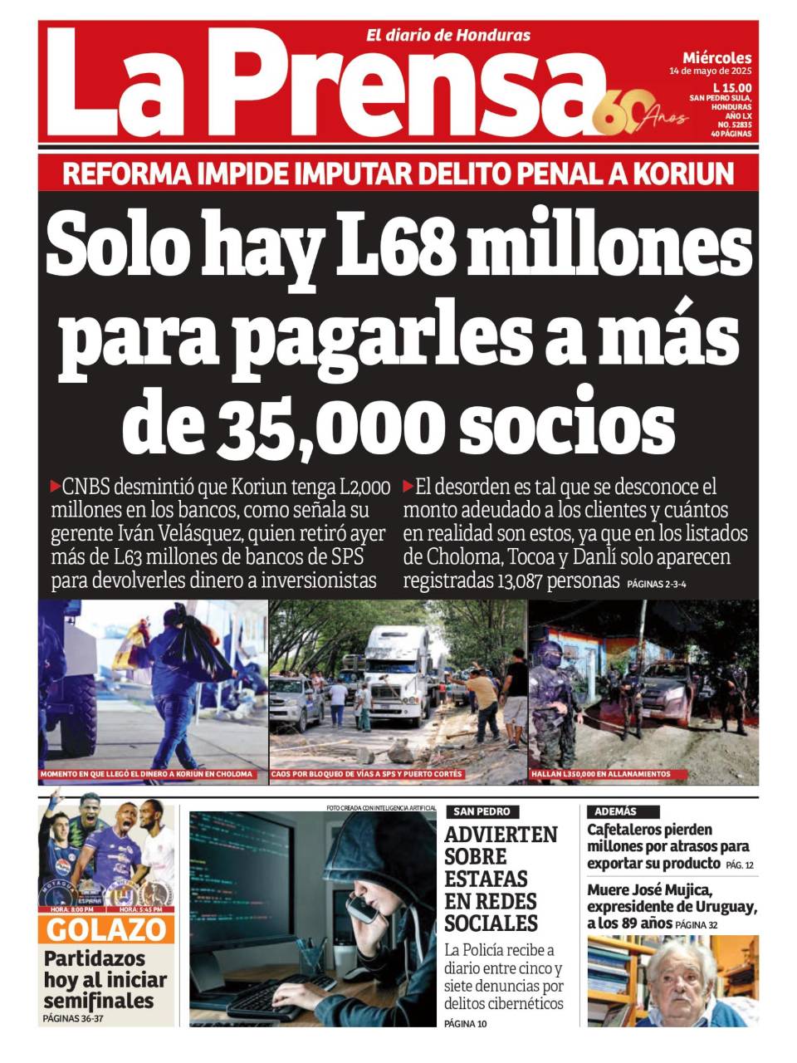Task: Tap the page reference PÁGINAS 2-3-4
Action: [x=656, y=584]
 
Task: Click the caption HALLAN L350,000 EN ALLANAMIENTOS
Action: [x=602, y=774]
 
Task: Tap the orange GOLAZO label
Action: [x=106, y=929]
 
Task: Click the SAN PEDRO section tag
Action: [x=482, y=811]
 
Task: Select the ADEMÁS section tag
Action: [x=616, y=811]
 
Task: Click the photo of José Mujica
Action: [x=672, y=981]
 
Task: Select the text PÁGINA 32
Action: [x=696, y=924]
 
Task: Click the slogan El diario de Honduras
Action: [x=448, y=35]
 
